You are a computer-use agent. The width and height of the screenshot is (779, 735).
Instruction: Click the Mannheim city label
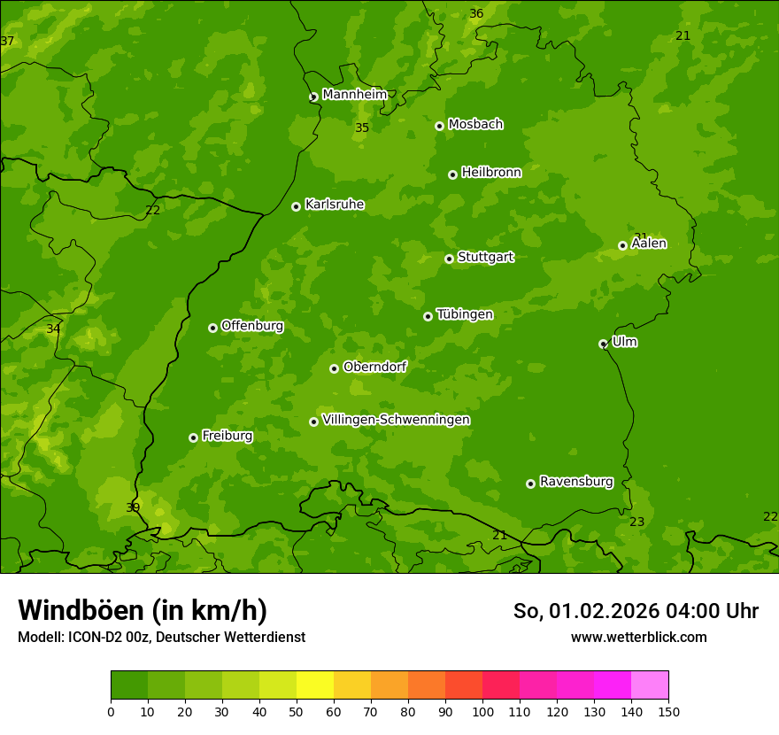(354, 95)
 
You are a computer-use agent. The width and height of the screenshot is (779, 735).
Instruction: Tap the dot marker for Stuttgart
(449, 259)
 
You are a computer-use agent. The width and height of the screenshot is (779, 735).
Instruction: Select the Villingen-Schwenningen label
(396, 420)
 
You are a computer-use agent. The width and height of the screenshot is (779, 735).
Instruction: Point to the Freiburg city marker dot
(193, 437)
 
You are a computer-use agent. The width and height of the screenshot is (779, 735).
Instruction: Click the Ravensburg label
(575, 482)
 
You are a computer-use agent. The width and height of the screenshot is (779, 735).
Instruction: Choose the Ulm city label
(624, 342)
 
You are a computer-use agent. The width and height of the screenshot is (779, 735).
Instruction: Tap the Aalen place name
(649, 244)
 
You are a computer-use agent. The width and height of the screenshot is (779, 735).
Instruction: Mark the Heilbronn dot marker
(452, 174)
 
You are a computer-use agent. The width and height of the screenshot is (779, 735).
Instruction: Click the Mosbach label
(475, 125)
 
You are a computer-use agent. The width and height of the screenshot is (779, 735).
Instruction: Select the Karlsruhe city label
(334, 205)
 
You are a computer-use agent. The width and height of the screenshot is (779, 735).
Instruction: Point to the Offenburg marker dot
(212, 328)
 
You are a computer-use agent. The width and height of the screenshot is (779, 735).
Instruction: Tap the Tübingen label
(464, 314)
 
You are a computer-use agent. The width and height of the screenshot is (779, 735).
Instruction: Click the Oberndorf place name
(374, 367)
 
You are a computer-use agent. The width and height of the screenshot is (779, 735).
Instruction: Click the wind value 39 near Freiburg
(133, 507)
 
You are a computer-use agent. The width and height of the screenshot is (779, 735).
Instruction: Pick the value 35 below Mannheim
(362, 128)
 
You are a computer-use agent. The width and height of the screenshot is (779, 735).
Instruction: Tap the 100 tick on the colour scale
(482, 711)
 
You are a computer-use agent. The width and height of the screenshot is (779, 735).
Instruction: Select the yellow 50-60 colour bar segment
(315, 685)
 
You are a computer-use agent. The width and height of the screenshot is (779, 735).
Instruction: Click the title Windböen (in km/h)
(143, 610)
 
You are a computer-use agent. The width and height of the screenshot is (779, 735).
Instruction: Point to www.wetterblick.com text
(638, 637)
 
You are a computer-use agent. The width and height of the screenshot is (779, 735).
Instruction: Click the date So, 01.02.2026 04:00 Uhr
(636, 611)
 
